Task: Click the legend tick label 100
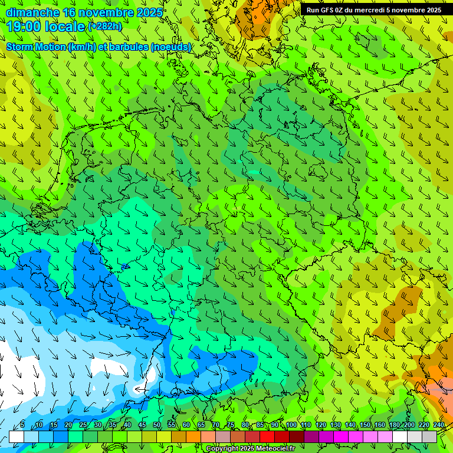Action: pos(291,425)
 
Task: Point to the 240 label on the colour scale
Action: pos(439,425)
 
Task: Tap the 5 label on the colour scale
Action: pos(22,425)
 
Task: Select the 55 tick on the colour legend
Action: pos(172,425)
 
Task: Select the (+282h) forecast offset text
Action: pos(106,27)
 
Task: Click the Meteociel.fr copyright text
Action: pos(251,449)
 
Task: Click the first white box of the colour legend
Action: pos(16,436)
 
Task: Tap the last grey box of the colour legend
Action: pos(429,436)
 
